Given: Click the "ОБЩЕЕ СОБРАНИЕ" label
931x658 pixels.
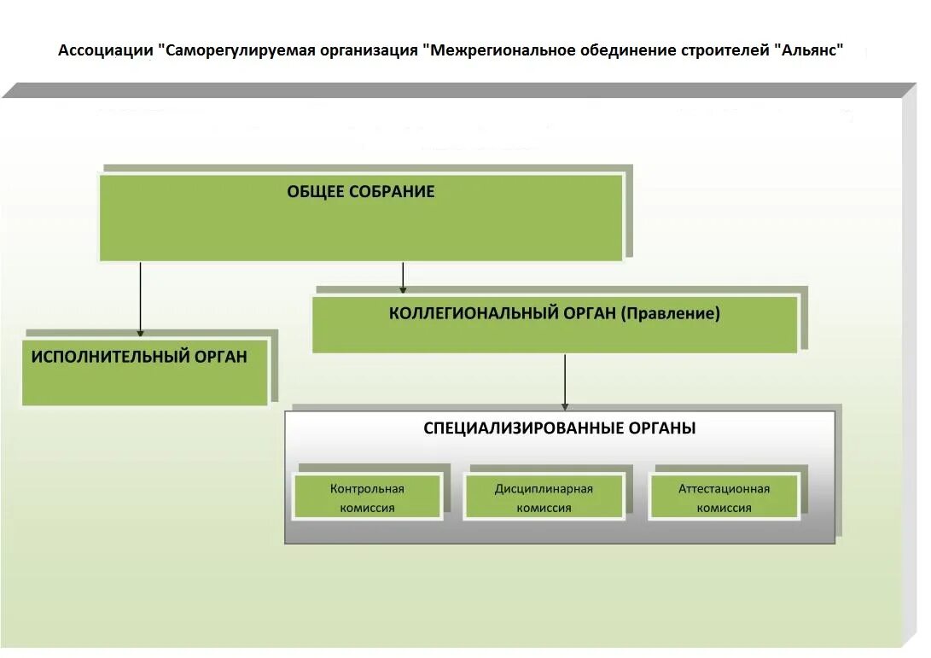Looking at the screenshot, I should (x=360, y=192).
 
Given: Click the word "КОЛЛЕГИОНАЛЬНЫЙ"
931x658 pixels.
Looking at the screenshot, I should (x=474, y=313).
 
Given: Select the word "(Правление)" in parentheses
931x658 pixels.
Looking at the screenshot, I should (x=671, y=313).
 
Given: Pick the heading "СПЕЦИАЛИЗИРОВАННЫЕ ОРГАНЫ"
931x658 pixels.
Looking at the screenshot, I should (x=559, y=428).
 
